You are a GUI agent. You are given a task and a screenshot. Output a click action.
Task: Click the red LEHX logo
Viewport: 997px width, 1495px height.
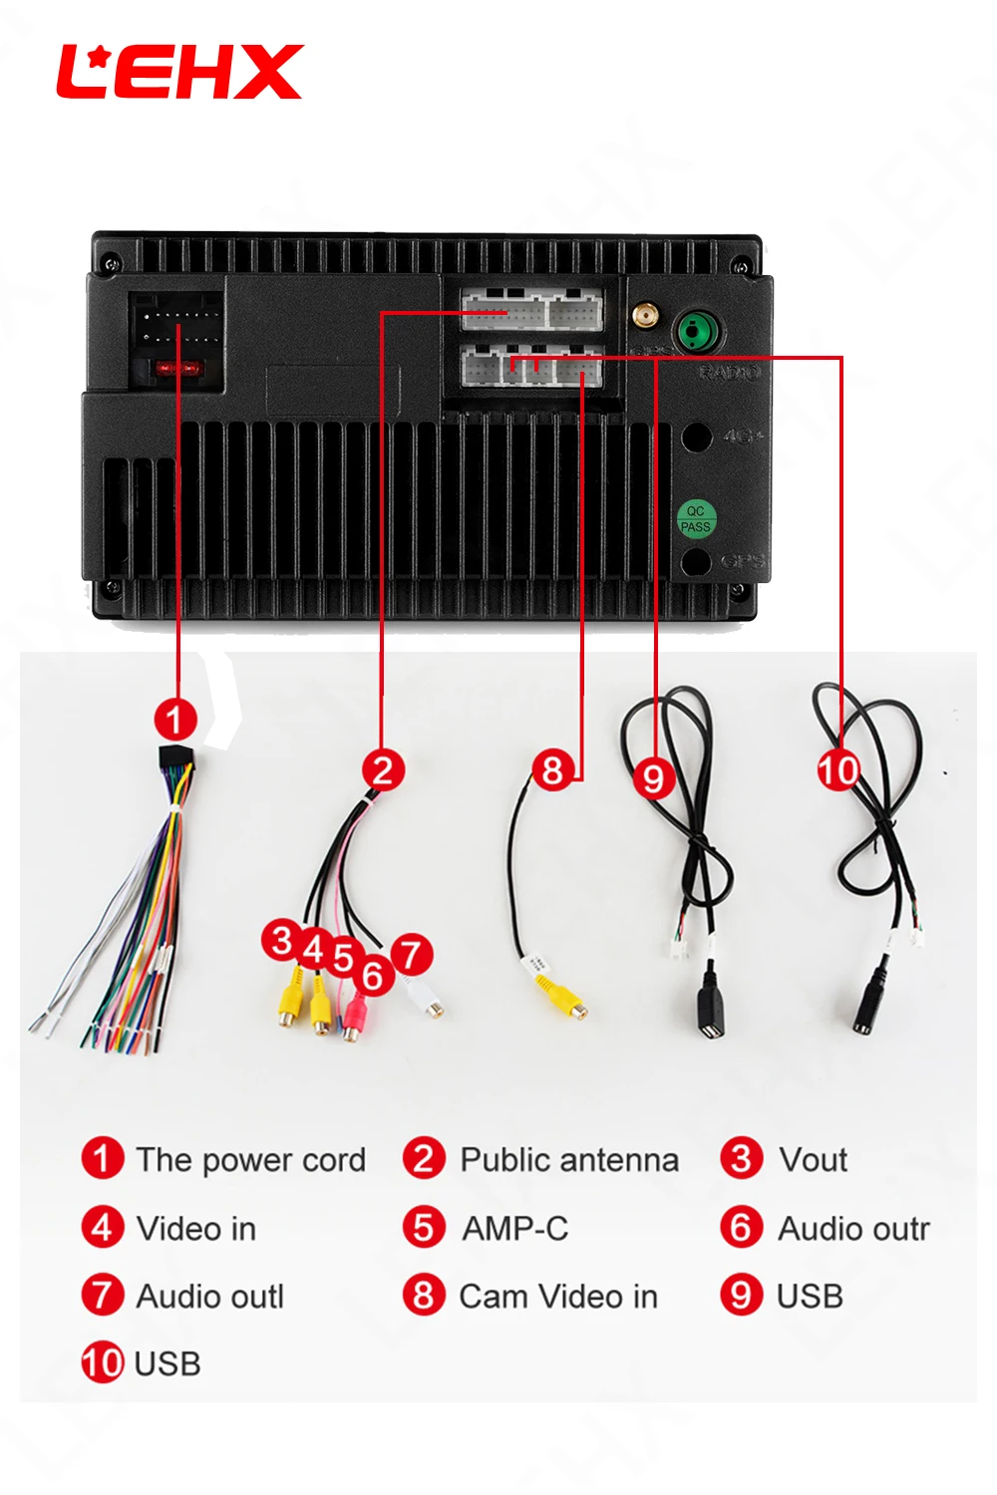(179, 72)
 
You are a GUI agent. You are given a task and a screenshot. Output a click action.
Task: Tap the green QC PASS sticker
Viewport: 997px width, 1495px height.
(696, 518)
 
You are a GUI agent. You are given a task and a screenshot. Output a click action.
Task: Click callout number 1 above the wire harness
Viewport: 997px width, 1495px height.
(175, 719)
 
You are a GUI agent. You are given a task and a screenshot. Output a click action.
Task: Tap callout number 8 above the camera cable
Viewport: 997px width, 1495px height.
(552, 769)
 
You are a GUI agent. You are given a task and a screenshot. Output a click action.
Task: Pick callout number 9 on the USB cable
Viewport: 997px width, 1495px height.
(653, 777)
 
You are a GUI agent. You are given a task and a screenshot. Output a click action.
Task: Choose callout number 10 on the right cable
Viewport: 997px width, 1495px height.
(838, 769)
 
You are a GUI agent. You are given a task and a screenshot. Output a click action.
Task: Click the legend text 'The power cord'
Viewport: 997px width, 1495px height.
(250, 1160)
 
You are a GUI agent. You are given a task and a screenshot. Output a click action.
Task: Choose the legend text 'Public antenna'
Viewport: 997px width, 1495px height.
(568, 1160)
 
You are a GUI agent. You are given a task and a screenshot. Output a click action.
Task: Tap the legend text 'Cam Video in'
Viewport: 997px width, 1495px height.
(557, 1297)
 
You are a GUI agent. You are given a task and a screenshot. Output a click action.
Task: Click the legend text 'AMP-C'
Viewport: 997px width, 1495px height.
(514, 1229)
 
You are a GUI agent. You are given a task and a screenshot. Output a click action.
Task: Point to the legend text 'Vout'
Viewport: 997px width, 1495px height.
(813, 1160)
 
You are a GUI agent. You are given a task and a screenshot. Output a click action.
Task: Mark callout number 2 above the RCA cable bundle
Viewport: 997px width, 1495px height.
(383, 770)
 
